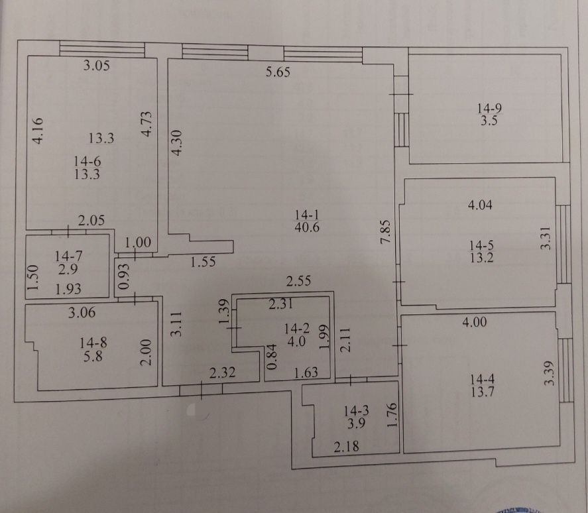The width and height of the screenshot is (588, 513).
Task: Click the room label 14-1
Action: [x=307, y=215]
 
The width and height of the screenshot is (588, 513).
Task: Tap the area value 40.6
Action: [x=307, y=227]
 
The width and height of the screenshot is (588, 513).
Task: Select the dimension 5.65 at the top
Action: [x=278, y=72]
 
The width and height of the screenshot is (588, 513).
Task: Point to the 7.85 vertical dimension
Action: [x=386, y=231]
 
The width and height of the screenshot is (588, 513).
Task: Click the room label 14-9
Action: [x=489, y=109]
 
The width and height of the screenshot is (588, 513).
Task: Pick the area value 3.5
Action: [x=489, y=121]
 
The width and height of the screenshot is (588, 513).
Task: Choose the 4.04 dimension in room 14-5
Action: [x=480, y=205]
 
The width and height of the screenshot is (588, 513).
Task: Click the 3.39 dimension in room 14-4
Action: [x=549, y=373]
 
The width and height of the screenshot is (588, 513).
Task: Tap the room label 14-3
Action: [x=357, y=411]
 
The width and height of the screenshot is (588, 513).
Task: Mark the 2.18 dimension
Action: [x=346, y=446]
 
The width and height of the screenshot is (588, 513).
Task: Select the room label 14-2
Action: [x=297, y=329]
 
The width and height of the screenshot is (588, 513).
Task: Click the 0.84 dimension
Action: [x=272, y=357]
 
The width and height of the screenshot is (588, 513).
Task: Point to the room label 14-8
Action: [x=93, y=343]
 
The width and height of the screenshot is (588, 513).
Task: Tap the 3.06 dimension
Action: [x=82, y=312]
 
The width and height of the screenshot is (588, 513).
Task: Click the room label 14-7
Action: [x=69, y=256]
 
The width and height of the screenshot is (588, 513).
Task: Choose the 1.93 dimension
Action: [x=68, y=289]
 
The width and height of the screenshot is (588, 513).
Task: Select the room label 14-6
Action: [x=88, y=162]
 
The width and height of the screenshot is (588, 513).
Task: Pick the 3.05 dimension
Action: [x=96, y=65]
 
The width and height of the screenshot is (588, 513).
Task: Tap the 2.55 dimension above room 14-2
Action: [x=298, y=281]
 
